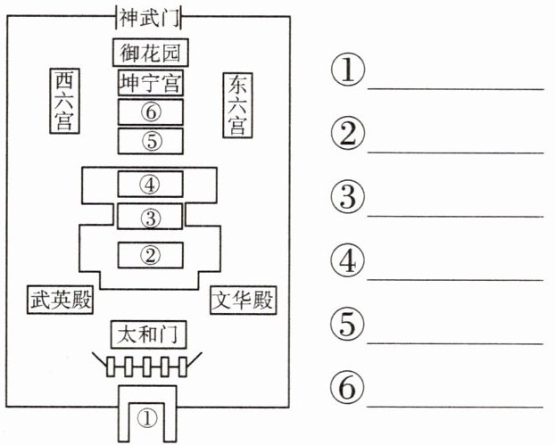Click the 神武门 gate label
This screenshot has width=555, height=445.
pos(149,18)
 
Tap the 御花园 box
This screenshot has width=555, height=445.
pos(151,53)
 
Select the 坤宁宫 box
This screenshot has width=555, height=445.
pos(151,82)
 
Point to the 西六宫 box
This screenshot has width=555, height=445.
pos(64,101)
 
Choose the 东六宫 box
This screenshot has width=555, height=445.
pos(237,105)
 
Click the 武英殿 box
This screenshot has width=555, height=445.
pos(60,300)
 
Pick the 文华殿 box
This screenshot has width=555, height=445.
pos(244,301)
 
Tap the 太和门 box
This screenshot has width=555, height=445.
pos(149,334)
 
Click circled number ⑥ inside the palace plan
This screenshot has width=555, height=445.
pos(151,112)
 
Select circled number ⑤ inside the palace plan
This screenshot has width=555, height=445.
pos(152,141)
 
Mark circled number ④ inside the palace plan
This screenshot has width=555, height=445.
pos(150,185)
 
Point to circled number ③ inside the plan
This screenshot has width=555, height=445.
pos(151,218)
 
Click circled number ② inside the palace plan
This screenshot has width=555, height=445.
pos(151,255)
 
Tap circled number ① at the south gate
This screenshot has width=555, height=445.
pos(147,419)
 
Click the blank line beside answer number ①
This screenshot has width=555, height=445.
pos(456,89)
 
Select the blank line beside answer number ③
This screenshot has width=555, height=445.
pos(456,216)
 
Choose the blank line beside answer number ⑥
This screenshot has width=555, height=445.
pos(455,407)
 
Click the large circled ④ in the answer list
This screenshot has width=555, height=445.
pos(348,260)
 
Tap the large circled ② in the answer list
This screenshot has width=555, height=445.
pos(348,134)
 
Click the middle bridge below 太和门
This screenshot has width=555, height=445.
pos(147,367)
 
